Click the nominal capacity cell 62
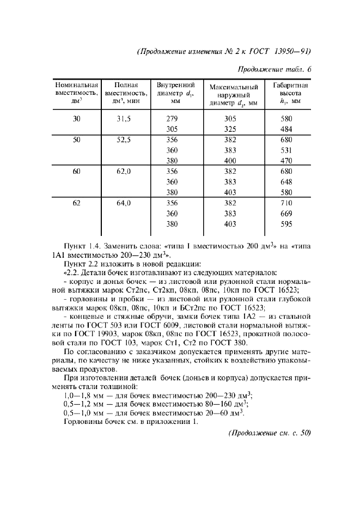point(76,203)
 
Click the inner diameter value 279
point(172,119)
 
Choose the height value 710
point(286,203)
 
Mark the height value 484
point(286,129)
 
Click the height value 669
point(286,214)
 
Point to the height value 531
point(286,150)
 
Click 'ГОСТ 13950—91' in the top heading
point(280,52)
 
